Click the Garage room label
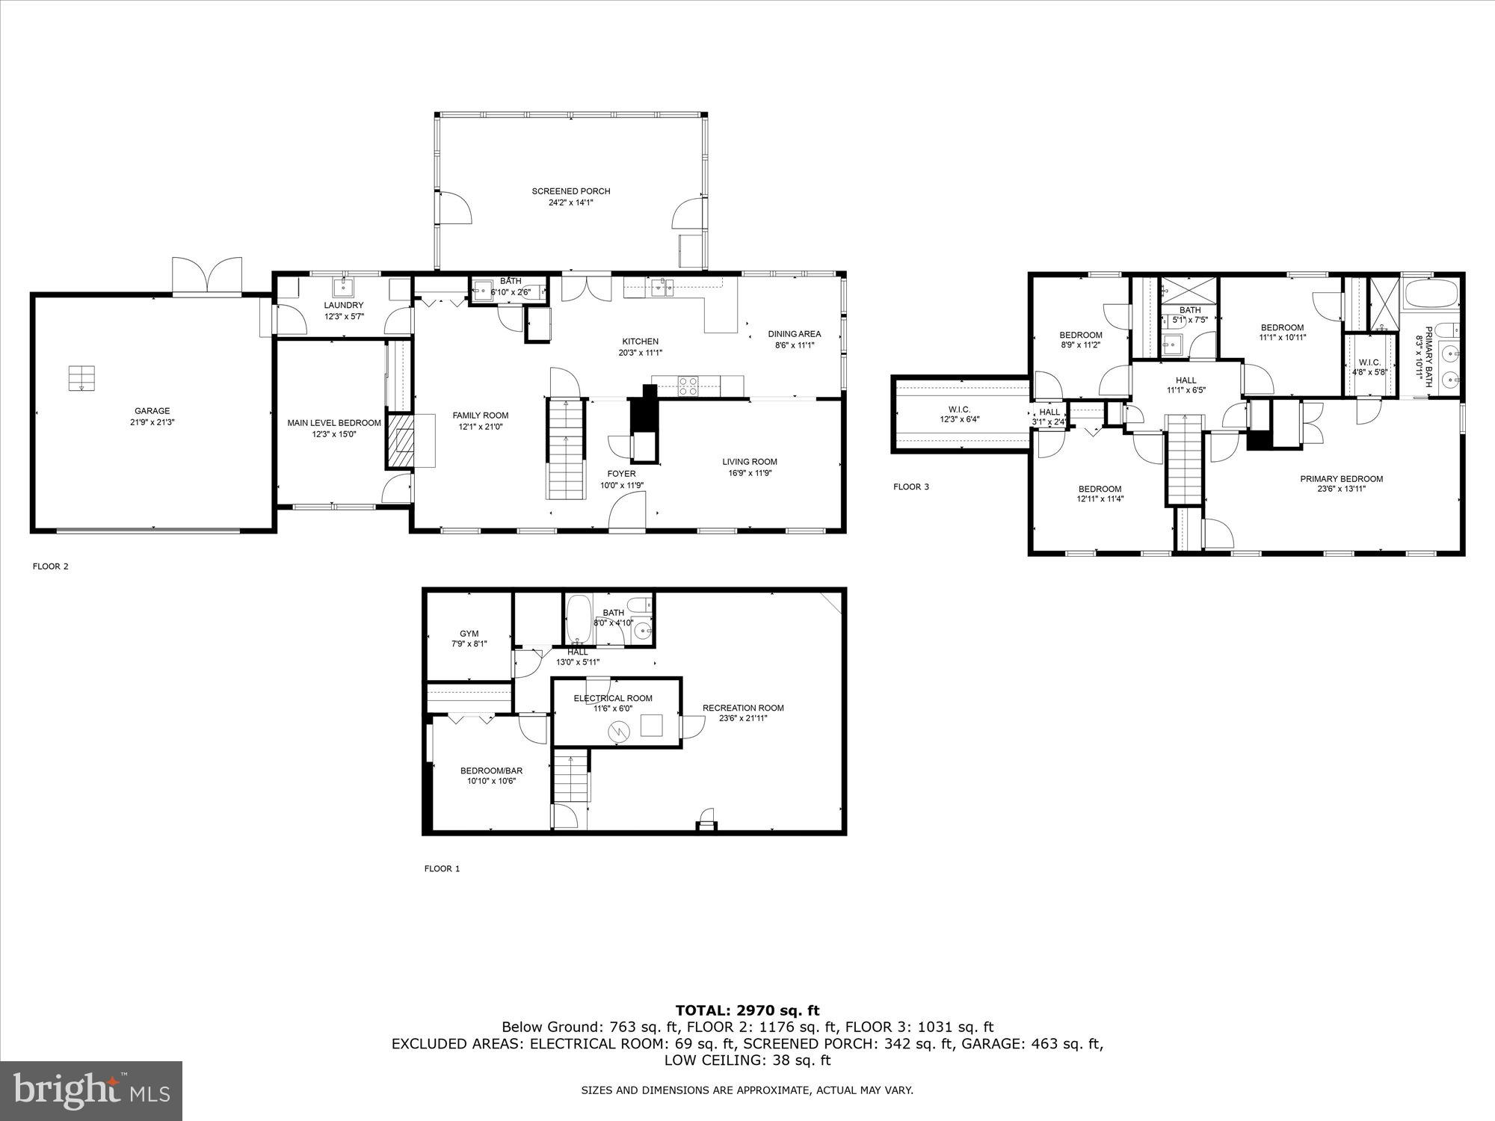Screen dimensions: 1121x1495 (x=152, y=411)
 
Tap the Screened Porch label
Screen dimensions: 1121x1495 (x=570, y=191)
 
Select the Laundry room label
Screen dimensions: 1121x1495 (x=343, y=305)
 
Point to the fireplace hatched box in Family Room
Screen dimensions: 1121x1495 (x=399, y=439)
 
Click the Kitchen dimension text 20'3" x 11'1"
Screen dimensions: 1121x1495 (x=640, y=353)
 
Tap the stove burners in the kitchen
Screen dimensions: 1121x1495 (x=688, y=386)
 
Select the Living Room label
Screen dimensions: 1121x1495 (x=749, y=462)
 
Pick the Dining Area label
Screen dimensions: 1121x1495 (x=794, y=334)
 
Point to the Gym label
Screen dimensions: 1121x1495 (x=469, y=634)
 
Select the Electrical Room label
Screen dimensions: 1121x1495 (x=613, y=698)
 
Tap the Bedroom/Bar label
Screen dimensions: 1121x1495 (x=491, y=771)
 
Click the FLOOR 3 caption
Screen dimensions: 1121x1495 (x=910, y=487)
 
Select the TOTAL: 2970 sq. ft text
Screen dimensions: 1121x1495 (x=747, y=1011)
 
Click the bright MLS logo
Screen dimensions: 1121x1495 (x=90, y=1090)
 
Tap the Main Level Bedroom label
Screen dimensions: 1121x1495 (x=333, y=423)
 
